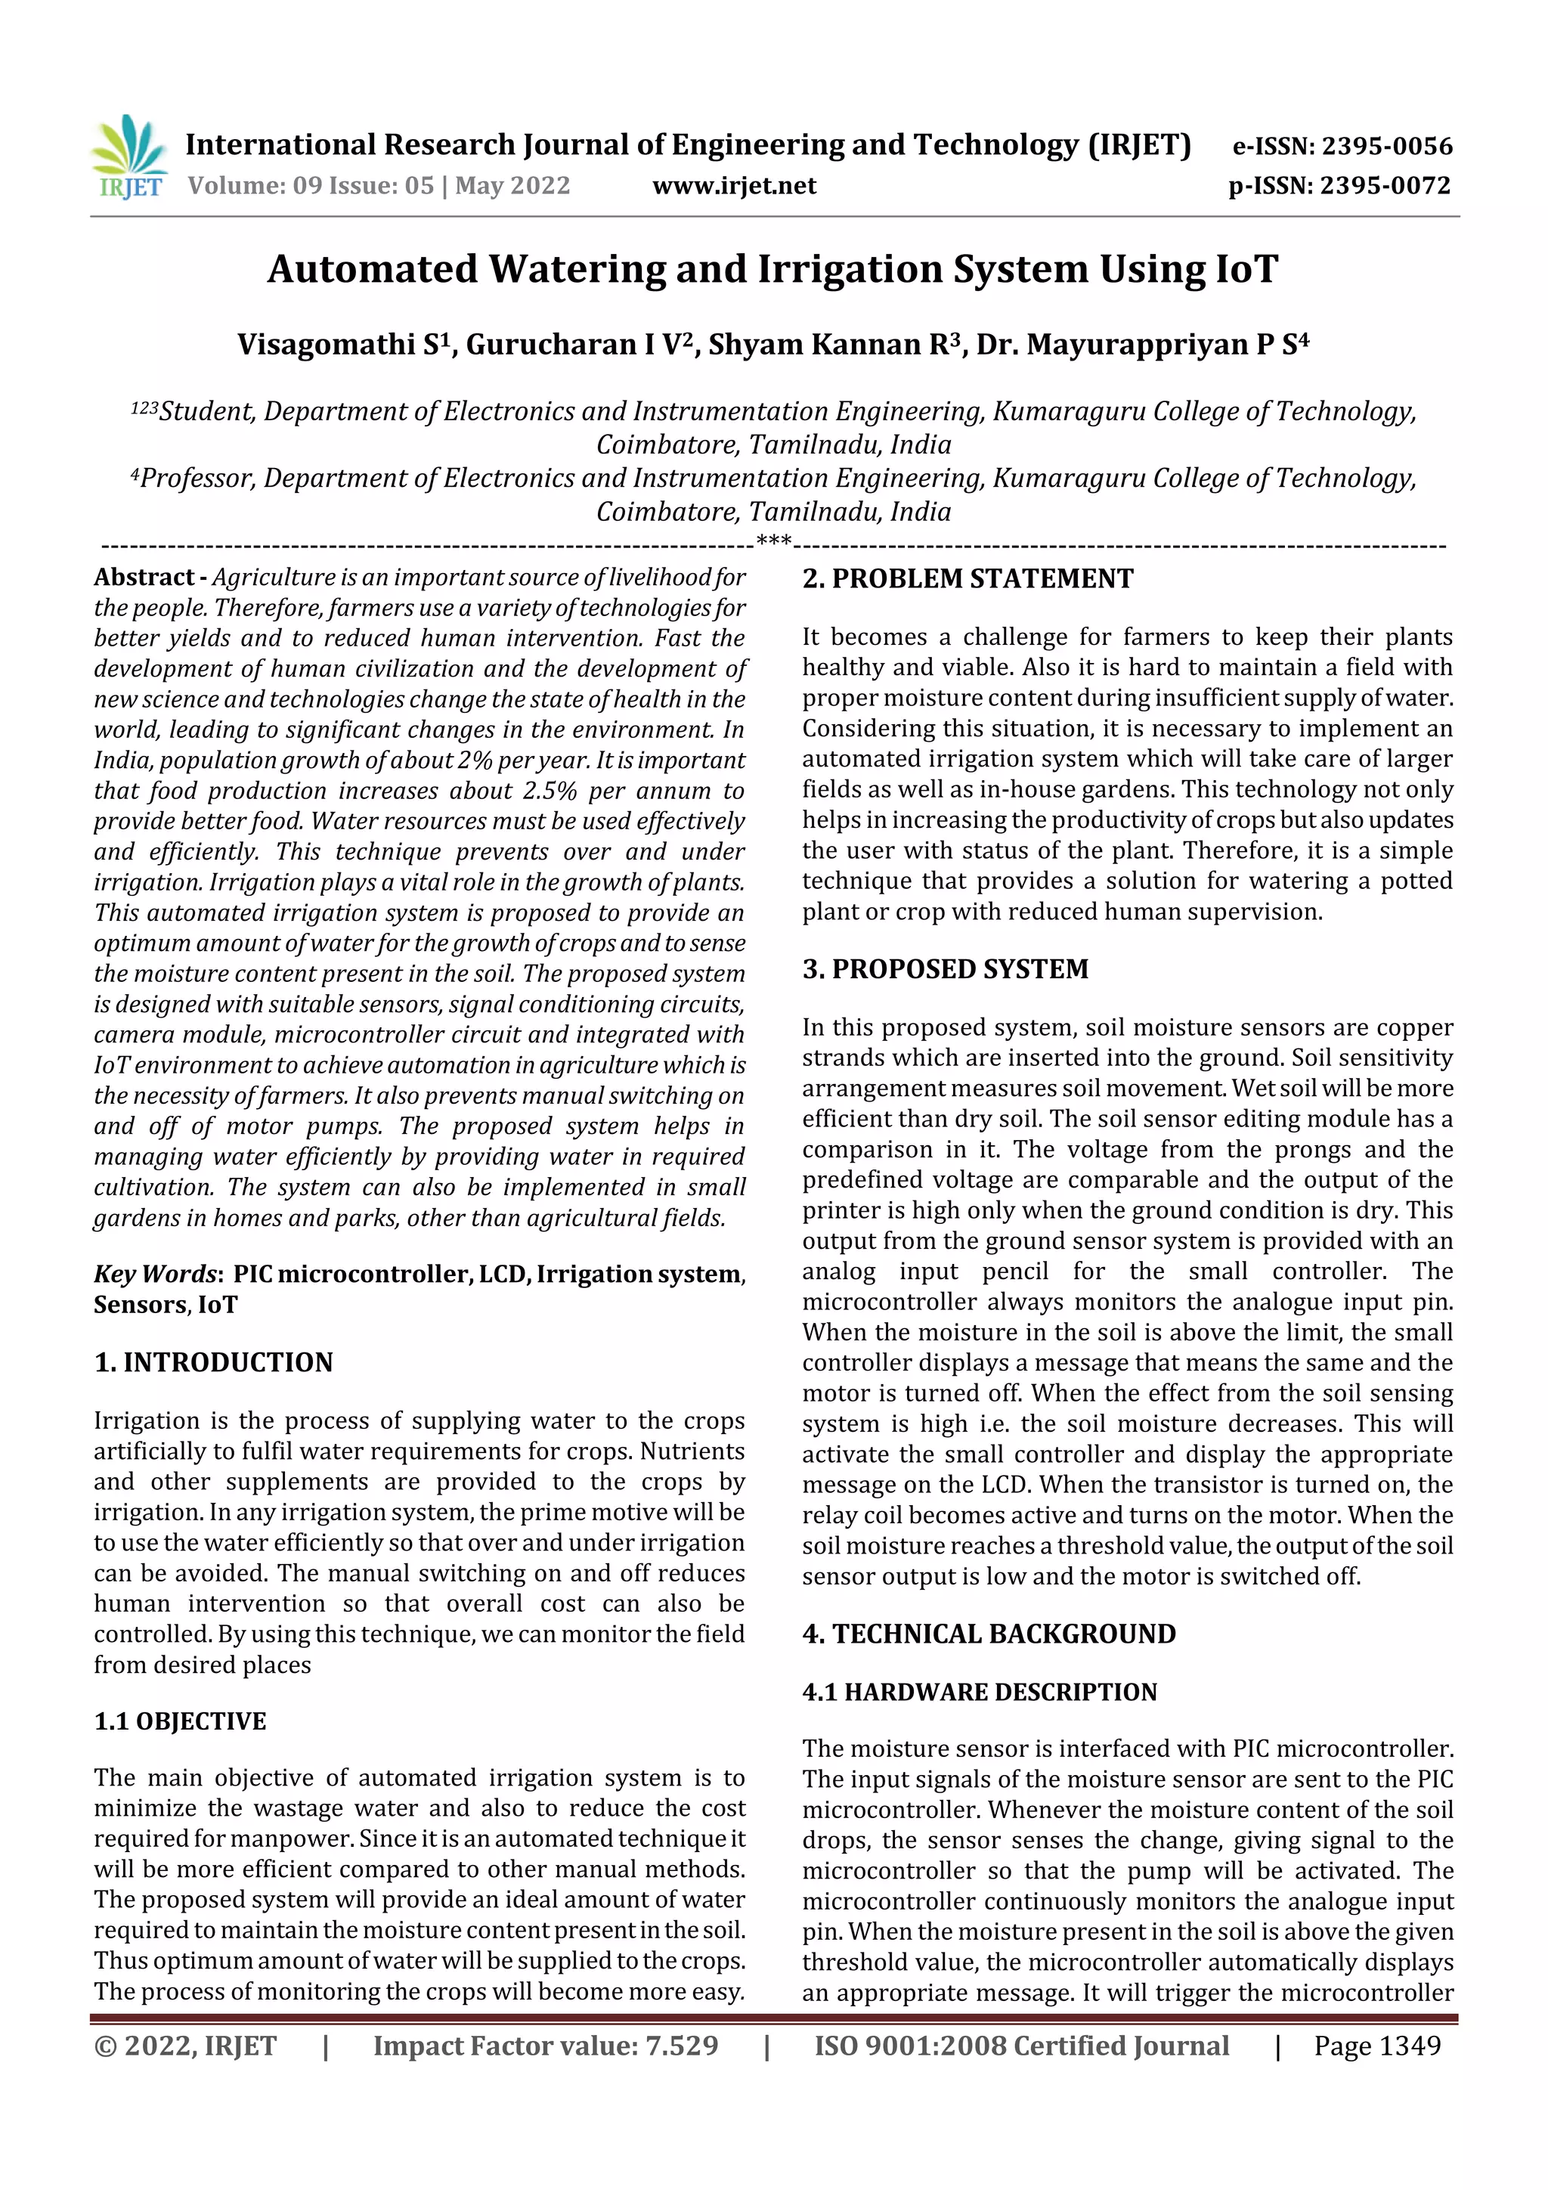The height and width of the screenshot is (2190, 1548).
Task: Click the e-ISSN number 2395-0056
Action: [1385, 146]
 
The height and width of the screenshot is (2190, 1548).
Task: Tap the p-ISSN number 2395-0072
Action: [1385, 185]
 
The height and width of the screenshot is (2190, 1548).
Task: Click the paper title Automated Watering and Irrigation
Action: [772, 269]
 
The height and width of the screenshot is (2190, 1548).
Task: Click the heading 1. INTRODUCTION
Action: [214, 1362]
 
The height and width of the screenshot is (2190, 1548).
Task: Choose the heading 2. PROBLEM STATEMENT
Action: [967, 578]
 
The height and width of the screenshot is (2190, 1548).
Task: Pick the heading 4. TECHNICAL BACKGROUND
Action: [989, 1634]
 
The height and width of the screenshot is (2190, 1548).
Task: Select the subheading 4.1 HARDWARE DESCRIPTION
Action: [980, 1692]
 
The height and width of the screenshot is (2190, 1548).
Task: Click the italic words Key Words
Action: [156, 1275]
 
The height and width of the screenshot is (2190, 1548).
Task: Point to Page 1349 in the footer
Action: [1377, 2045]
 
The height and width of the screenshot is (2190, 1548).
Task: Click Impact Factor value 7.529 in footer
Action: [546, 2045]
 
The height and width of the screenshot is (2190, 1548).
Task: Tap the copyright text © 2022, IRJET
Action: [185, 2045]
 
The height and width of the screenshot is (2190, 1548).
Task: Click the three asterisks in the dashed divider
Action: [772, 543]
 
